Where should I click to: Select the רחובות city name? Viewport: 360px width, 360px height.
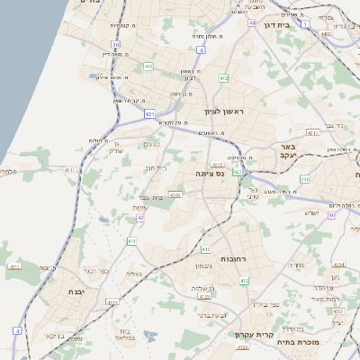(233, 258)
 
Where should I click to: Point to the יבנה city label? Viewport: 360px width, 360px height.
(75, 292)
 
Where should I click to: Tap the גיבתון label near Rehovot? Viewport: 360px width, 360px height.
(202, 265)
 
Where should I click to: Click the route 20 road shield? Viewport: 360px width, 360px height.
(115, 44)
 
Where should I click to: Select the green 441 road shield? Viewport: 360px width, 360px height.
(148, 65)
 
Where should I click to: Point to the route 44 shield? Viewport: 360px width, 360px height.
(252, 22)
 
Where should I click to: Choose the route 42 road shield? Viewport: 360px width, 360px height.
(140, 217)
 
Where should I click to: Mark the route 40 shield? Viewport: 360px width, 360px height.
(332, 215)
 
